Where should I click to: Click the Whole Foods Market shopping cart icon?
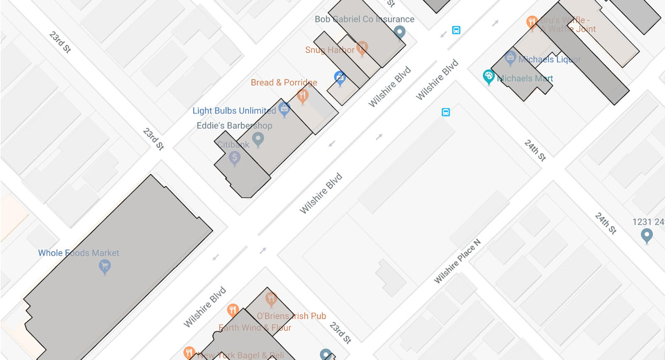point(105,266)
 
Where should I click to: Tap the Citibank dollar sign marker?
point(234,158)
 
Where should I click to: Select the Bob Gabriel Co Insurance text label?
point(364,19)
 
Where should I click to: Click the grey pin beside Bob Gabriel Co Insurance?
point(399,32)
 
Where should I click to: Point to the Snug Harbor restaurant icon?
point(362,47)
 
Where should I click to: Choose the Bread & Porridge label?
point(284,82)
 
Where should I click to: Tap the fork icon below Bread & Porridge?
point(303,96)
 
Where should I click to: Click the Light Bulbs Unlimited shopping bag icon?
point(284,109)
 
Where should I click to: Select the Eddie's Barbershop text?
point(234,126)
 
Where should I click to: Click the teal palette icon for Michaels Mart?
point(489,76)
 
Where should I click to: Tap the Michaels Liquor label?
point(549,59)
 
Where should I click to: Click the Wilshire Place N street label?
point(457,261)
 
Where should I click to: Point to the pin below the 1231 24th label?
point(646,236)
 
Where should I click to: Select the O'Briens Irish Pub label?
point(291,316)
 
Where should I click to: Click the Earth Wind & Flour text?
point(255,328)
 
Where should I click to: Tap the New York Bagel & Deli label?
point(240,355)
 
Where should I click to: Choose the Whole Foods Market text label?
point(79,253)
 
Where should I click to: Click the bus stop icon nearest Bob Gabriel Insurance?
point(456,30)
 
